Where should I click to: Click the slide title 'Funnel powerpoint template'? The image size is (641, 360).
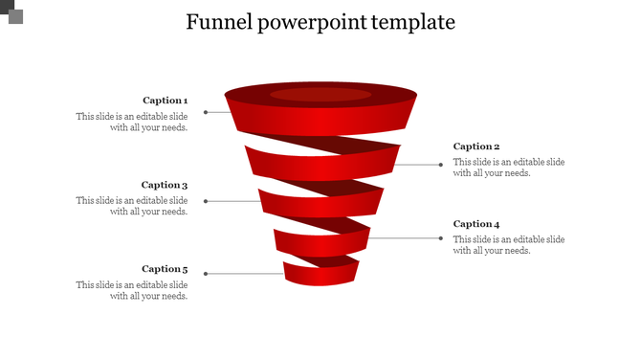click(320, 22)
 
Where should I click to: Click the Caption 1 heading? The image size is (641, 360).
click(165, 101)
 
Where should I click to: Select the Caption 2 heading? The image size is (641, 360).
click(476, 146)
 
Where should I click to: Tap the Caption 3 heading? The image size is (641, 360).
click(165, 185)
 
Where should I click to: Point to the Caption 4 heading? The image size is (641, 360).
click(476, 224)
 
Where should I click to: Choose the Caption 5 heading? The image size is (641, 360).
click(165, 269)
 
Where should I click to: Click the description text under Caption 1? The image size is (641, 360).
click(132, 122)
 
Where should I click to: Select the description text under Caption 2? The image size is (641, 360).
click(509, 168)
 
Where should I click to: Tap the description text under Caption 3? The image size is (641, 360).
click(132, 206)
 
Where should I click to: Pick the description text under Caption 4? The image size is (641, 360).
click(509, 245)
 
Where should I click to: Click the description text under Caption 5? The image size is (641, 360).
click(132, 290)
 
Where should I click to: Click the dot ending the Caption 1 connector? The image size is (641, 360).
click(206, 112)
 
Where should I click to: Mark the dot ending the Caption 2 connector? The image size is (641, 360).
click(441, 165)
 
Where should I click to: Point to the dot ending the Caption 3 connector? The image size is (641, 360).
click(206, 201)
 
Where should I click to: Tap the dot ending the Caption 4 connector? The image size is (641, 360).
click(441, 237)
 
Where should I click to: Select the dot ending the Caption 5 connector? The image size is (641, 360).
click(206, 274)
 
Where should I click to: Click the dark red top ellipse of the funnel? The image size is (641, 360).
click(320, 94)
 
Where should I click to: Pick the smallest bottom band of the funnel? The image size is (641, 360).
click(320, 275)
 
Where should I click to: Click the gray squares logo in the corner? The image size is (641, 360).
click(11, 11)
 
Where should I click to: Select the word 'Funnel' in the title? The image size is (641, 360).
click(218, 22)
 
